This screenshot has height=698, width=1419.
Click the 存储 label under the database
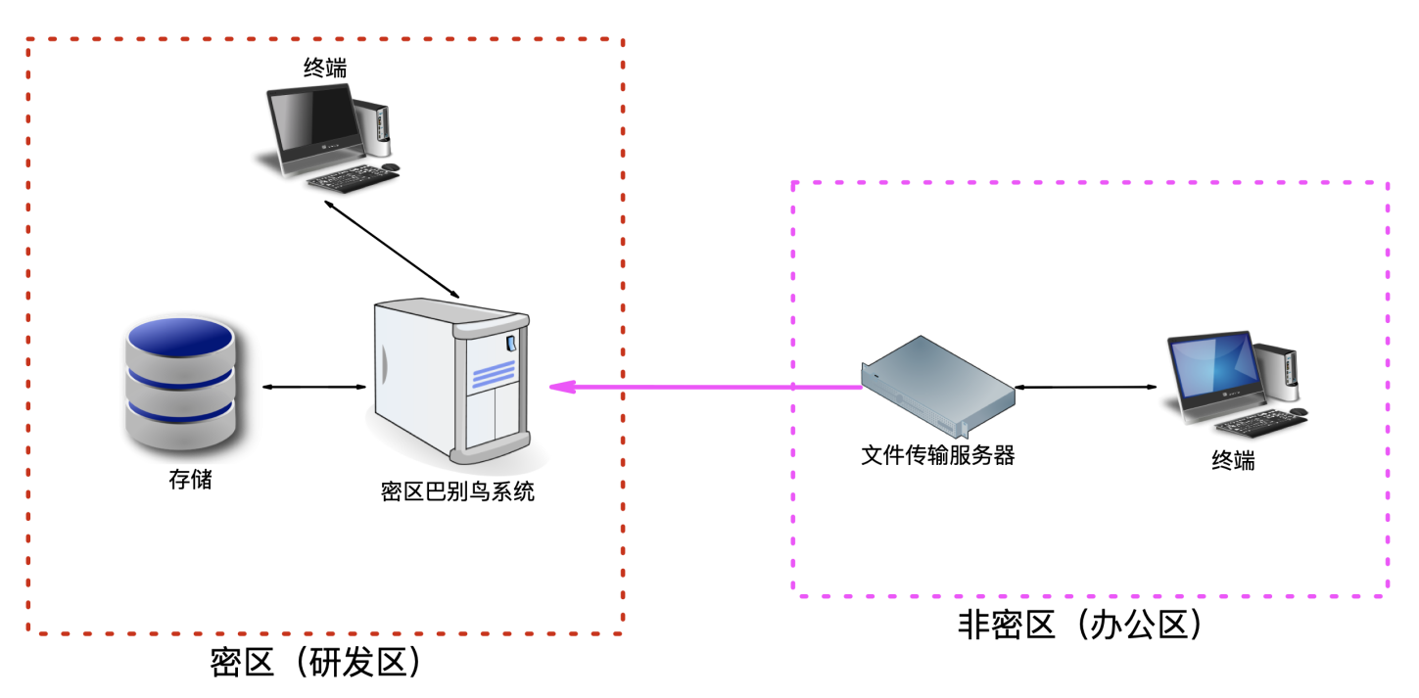(190, 480)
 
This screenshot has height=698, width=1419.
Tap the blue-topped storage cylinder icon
(180, 382)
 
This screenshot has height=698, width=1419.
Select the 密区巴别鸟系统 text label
(457, 491)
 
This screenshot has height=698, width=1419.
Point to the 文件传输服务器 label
(937, 455)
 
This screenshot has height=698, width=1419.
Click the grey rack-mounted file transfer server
(938, 387)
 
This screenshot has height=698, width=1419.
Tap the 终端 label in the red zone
(325, 68)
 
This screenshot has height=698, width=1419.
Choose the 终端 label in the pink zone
(1233, 460)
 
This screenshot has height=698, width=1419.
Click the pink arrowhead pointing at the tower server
(562, 387)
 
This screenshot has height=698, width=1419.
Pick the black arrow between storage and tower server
(314, 387)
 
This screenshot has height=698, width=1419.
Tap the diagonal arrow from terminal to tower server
(392, 249)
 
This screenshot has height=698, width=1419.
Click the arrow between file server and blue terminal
(1086, 387)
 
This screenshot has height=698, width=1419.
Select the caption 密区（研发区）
(314, 663)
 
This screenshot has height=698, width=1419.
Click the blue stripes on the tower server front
(494, 374)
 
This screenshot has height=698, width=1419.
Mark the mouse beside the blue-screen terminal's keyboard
(1298, 412)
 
